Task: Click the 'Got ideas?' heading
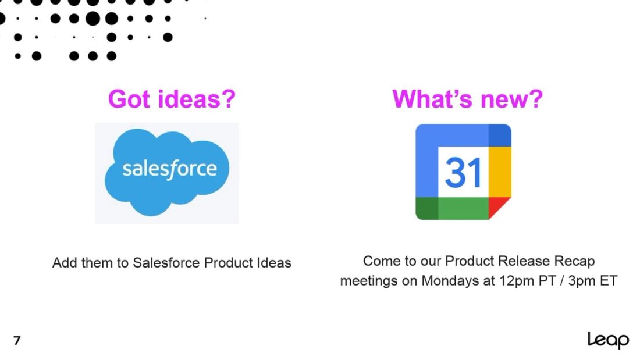point(172,99)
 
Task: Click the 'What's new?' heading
point(467,99)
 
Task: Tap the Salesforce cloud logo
point(167,173)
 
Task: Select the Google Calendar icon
point(463,172)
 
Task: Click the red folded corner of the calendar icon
point(498,208)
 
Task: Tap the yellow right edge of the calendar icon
point(500,172)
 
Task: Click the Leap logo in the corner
point(608,340)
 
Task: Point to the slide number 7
point(17,341)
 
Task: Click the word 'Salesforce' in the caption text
point(166,263)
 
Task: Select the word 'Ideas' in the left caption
point(274,263)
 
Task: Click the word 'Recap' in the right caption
point(574,261)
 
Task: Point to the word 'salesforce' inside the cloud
point(169,169)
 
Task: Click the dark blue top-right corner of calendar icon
point(500,135)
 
